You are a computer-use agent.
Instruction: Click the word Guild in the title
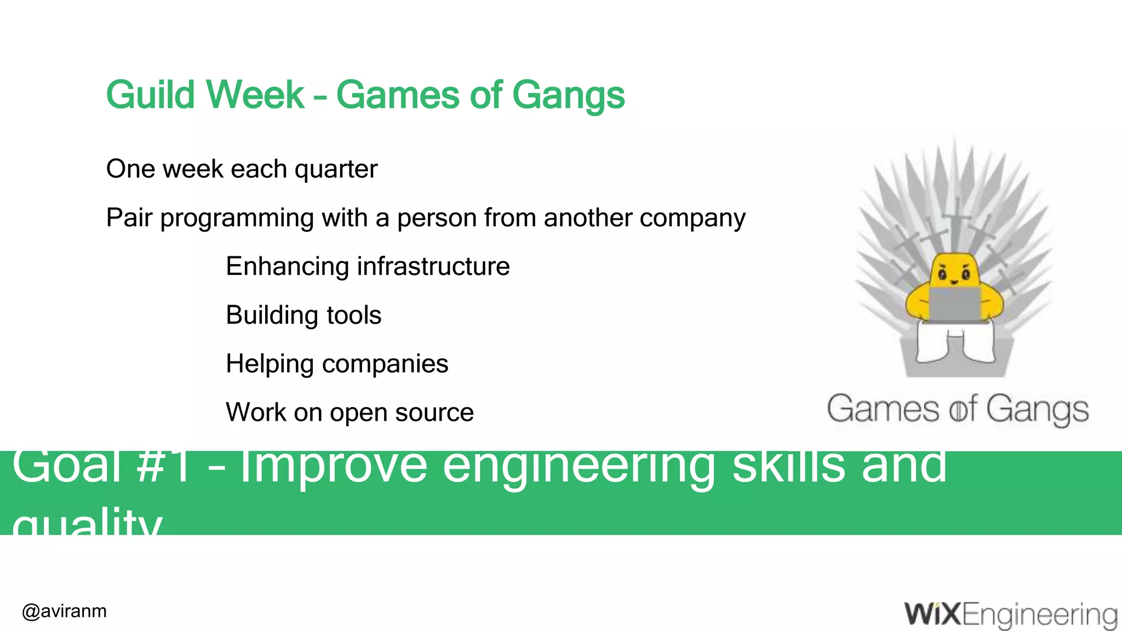150,95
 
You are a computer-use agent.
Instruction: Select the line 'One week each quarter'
242,169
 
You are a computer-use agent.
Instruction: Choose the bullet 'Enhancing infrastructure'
368,267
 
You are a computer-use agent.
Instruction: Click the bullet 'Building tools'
304,315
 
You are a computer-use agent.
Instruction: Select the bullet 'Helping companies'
337,364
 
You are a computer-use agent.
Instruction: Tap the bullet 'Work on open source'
350,412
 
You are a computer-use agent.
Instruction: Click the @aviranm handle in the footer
65,611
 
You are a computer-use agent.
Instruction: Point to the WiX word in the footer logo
932,614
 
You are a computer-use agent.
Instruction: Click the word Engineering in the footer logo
1039,615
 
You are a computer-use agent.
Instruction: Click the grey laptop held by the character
954,305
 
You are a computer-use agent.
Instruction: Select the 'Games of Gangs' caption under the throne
957,410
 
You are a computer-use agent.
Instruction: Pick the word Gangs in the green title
568,95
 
